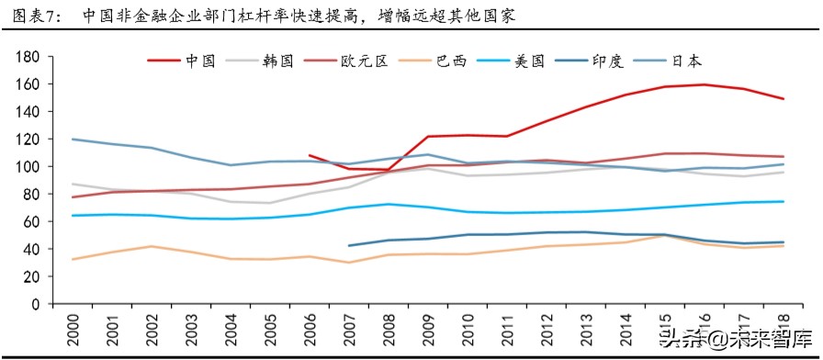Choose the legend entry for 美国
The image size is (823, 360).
click(528, 62)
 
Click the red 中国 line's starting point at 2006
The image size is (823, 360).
click(310, 155)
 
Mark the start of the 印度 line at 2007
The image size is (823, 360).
click(349, 245)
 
